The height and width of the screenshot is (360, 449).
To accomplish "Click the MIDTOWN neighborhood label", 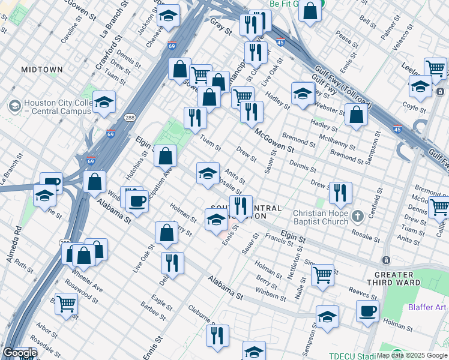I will coord(41,70).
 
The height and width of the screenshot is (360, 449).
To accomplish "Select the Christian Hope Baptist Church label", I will coord(321,217).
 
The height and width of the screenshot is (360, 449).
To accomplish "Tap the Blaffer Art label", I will coord(427,307).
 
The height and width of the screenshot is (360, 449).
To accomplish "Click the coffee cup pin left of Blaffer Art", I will coord(367,311).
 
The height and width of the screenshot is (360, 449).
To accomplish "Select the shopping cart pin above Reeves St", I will coord(323,275).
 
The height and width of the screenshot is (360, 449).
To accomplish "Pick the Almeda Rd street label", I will coord(19,238).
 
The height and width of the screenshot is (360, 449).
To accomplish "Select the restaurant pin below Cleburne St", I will coord(217,337).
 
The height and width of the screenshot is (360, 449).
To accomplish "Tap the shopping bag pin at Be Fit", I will coord(310,11).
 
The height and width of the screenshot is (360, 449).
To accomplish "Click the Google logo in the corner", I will coord(19,353).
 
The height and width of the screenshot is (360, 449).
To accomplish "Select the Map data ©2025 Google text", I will coord(412,355).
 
